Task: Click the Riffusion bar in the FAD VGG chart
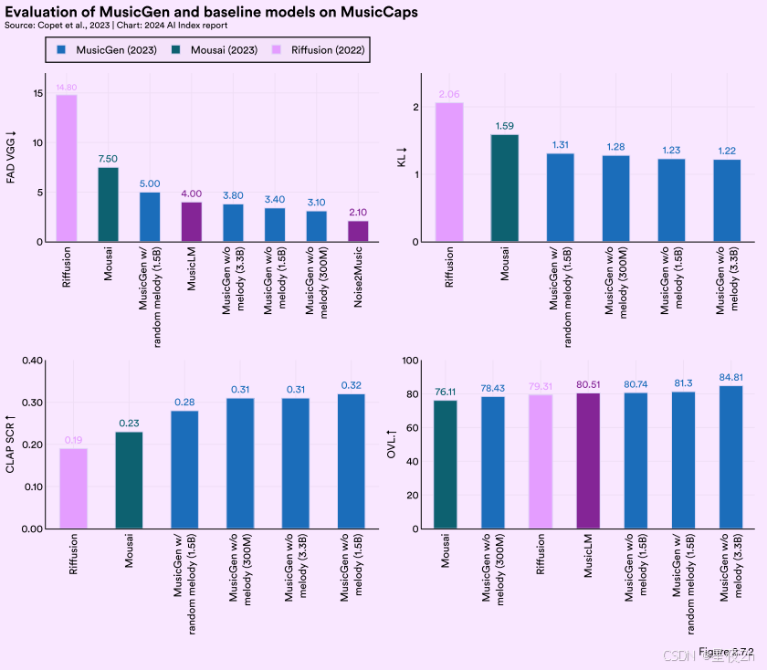67,169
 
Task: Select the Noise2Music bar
359,231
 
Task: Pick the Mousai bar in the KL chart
505,188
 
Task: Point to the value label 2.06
448,94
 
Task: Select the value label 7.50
109,158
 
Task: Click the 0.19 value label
73,440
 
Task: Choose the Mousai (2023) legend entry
218,49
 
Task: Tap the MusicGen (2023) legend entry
107,49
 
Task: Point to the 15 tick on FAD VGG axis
37,94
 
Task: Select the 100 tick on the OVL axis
409,361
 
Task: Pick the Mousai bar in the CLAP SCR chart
129,480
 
